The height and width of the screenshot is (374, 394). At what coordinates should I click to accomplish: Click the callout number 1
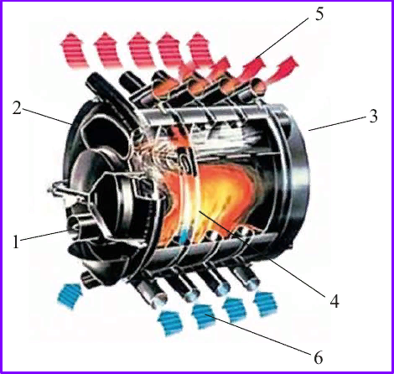click(x=16, y=242)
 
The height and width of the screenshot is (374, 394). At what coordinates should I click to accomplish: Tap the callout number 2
click(x=17, y=108)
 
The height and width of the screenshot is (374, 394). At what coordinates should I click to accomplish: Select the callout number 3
click(x=373, y=117)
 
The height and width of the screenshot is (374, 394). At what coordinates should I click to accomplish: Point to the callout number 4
click(x=334, y=301)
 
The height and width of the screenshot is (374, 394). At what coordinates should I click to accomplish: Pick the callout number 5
click(x=319, y=14)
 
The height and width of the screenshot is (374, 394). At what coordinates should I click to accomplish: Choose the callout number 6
click(x=318, y=358)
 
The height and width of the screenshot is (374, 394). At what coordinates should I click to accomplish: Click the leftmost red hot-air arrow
click(x=73, y=49)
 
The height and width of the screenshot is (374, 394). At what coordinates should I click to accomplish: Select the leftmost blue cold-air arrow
click(x=70, y=295)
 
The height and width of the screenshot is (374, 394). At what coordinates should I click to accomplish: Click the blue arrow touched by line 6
click(x=204, y=316)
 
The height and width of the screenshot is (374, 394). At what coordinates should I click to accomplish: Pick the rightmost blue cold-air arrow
click(x=266, y=304)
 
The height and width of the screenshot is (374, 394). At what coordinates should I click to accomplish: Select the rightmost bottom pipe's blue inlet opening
click(x=252, y=283)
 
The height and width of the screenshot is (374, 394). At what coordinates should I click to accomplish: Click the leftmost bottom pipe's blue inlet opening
click(x=158, y=301)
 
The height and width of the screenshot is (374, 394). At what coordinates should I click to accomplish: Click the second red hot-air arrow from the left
click(x=107, y=49)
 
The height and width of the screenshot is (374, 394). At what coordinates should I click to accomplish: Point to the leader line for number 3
click(x=339, y=123)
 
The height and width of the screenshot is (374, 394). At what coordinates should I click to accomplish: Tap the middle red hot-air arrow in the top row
click(x=141, y=49)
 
